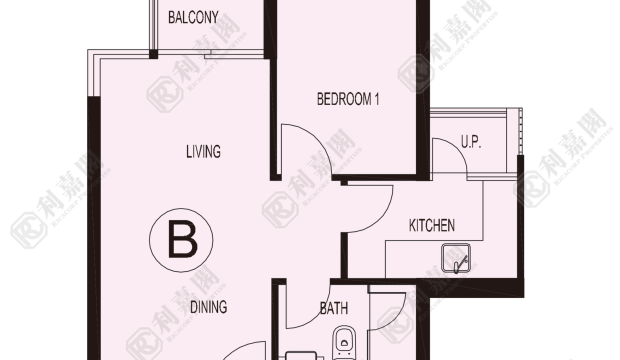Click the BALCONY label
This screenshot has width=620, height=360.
coord(193,17)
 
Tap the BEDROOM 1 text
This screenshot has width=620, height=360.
coord(348,99)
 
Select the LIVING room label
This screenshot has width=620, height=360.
coord(203,151)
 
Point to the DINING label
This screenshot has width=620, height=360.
coord(208,307)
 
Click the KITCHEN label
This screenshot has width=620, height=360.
coord(432,225)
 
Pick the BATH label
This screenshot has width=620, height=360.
coord(334,308)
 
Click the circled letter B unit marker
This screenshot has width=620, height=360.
coord(181,240)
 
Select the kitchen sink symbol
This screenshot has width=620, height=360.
coord(456,258)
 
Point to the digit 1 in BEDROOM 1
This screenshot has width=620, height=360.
coord(376,99)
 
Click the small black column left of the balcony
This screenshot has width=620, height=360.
coord(153,54)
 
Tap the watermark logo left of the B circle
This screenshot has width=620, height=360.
coord(27,230)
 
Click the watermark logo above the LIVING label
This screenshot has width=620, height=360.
coord(164,94)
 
